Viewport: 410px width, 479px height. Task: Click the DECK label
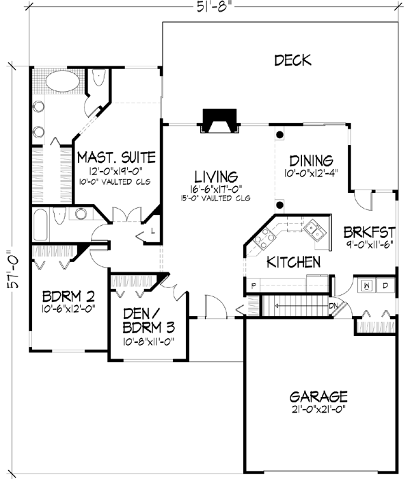(x=292, y=60)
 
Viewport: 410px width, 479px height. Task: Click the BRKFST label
(x=369, y=232)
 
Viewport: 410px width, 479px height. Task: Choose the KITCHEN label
(x=293, y=262)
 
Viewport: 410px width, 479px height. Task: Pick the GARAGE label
(x=318, y=397)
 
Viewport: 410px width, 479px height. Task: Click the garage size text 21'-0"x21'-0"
(x=318, y=411)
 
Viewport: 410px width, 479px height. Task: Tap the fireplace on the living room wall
(x=218, y=122)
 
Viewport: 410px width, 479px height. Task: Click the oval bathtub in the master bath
(x=64, y=83)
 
